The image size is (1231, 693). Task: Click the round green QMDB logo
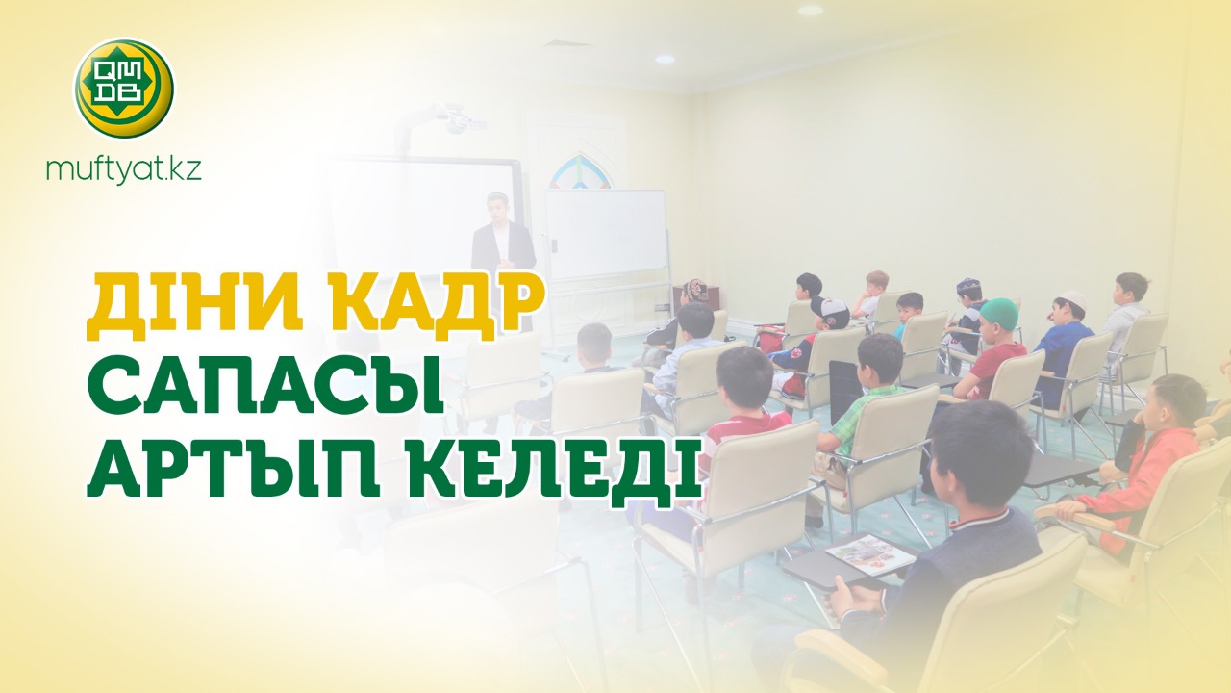[x=124, y=88]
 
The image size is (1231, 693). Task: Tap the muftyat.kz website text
[x=124, y=170]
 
